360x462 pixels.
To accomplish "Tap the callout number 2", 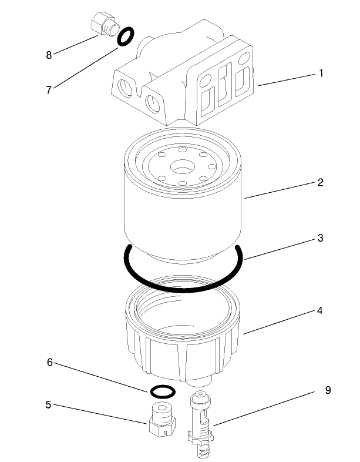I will coord(320,182).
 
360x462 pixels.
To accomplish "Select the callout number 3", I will coord(320,239).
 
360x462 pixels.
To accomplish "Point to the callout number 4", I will coord(320,310).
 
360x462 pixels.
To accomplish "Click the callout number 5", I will coord(49,405).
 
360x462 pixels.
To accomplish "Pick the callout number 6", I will coord(50,363).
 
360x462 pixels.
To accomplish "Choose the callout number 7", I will coord(49,89).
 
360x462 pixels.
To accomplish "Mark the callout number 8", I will coord(49,55).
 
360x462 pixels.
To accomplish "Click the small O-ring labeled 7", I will coord(125,37).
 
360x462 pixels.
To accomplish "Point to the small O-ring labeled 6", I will coord(162,390).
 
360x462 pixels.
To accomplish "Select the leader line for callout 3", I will coord(279,248).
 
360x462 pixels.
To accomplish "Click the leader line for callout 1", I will coord(286,79).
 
